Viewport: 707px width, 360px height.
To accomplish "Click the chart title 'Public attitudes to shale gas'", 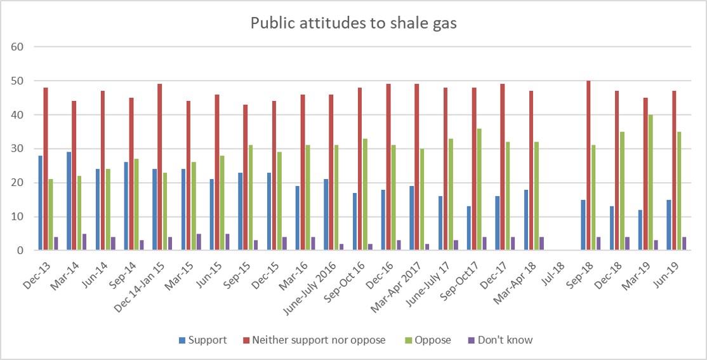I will [x=353, y=23].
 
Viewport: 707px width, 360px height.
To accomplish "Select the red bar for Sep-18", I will [x=588, y=166].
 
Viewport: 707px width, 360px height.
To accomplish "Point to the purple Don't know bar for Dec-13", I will [x=56, y=244].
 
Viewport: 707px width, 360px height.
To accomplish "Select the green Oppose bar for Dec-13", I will [x=51, y=215].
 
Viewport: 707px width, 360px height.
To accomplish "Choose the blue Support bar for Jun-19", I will [x=669, y=225].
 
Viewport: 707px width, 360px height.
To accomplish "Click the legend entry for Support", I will [x=201, y=340].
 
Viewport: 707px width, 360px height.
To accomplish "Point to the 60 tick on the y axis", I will [x=17, y=47].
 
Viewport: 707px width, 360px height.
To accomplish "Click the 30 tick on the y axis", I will [x=17, y=149].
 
